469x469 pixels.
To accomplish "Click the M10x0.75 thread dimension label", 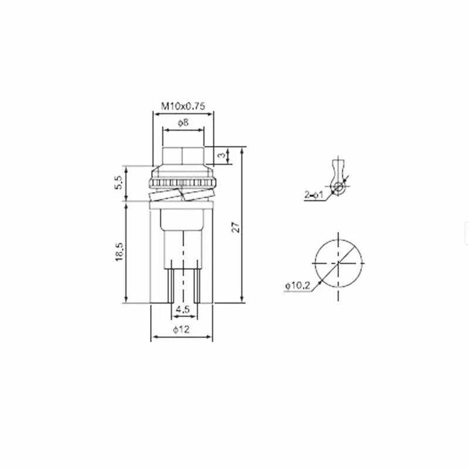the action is coord(183,106).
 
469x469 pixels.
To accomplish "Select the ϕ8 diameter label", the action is coord(183,123).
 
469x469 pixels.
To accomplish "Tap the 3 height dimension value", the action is coord(221,155).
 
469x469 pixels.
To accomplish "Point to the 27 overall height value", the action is coord(236,227).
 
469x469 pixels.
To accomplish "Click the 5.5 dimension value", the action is coord(118,182).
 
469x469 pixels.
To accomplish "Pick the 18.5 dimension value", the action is coord(119,252).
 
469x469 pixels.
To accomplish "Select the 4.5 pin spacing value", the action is coord(182,309).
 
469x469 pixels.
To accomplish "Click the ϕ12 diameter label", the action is coord(181,329).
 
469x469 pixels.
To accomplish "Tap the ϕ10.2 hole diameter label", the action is coord(298,286).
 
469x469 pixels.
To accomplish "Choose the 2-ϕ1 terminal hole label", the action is coord(314,195).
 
